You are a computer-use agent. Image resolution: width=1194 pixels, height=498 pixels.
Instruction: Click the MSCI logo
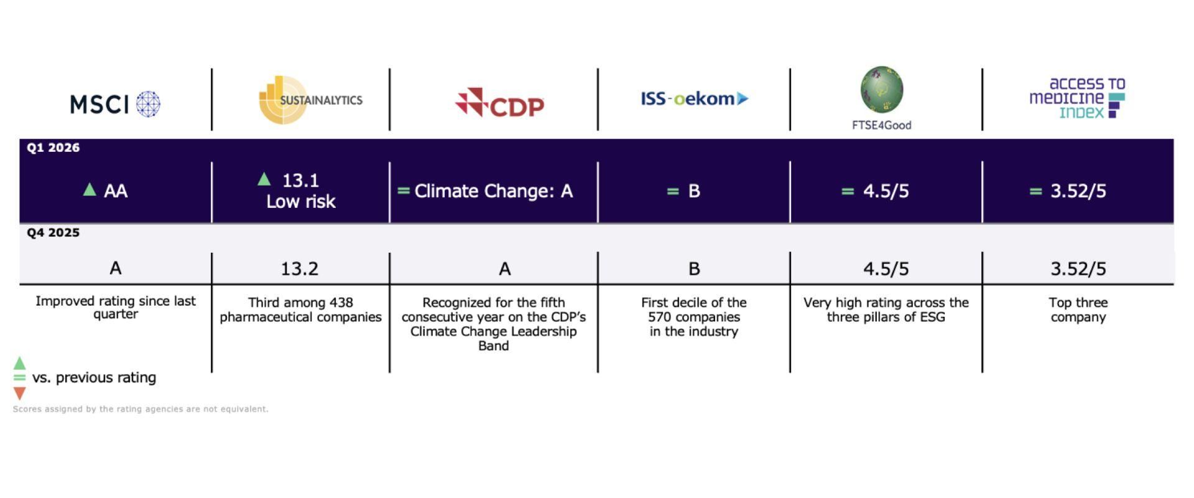[115, 104]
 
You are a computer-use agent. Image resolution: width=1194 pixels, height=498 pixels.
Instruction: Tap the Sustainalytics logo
[310, 100]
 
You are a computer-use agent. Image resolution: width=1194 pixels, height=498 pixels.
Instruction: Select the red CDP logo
[499, 103]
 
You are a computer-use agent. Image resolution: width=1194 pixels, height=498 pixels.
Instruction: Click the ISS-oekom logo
[694, 98]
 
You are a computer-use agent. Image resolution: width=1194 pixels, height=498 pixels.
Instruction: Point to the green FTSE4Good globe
[882, 90]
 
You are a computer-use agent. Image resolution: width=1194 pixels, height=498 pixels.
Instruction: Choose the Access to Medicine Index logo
[1078, 98]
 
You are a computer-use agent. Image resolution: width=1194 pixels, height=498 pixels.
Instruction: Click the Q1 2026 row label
[53, 148]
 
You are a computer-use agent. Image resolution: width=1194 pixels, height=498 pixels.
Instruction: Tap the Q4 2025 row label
[53, 233]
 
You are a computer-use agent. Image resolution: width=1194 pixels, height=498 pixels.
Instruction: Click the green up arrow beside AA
[90, 189]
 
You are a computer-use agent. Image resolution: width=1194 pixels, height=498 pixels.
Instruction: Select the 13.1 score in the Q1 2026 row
[300, 181]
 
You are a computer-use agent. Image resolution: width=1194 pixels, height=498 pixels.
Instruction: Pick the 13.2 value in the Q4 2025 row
[299, 269]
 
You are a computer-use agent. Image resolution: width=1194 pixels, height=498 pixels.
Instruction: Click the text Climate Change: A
[493, 191]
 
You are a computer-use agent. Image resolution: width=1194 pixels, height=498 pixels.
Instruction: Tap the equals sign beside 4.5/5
[847, 191]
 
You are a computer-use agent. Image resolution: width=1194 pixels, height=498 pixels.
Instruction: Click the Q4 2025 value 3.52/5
[1078, 269]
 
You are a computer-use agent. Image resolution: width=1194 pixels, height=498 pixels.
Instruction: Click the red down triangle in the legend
[20, 393]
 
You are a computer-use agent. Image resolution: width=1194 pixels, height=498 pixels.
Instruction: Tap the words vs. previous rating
[94, 378]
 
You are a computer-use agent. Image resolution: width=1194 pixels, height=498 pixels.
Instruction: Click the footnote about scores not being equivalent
[141, 409]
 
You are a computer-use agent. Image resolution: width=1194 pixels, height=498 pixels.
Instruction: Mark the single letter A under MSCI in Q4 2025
[116, 268]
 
